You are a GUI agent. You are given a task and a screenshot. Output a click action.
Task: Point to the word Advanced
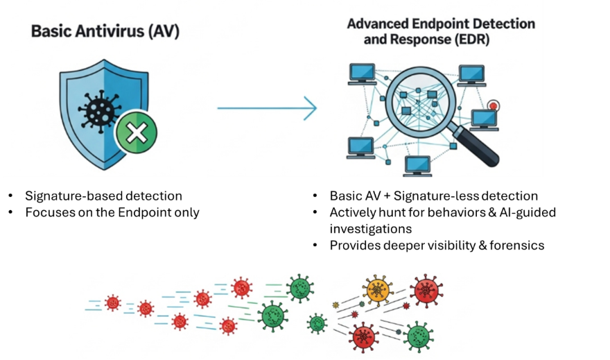click(378, 24)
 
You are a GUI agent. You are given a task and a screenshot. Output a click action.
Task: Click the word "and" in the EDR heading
click(358, 40)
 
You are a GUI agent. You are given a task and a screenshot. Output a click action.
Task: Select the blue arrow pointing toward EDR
click(267, 108)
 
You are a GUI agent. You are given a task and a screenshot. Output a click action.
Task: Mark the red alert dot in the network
click(494, 106)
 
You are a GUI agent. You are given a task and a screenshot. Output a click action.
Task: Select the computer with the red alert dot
click(483, 119)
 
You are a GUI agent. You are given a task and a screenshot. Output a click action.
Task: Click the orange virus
click(377, 291)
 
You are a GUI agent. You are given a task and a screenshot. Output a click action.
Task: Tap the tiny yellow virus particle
click(336, 305)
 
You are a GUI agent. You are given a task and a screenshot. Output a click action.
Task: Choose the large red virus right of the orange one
click(426, 290)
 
